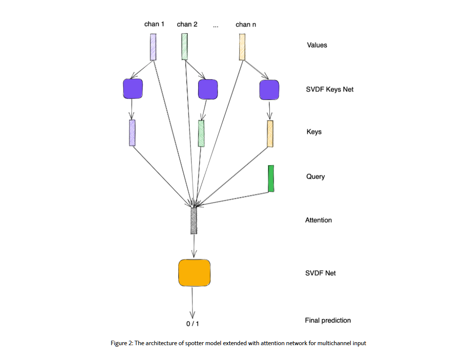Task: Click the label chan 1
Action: click(154, 24)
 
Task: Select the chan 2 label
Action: click(187, 24)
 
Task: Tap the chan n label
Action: click(246, 24)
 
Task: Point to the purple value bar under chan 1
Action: click(153, 47)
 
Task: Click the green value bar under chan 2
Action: click(184, 47)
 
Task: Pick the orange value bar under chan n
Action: click(242, 47)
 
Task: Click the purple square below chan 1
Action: click(132, 89)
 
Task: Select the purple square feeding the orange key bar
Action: click(269, 90)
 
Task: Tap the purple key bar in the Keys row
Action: click(132, 133)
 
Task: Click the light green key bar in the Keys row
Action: click(201, 134)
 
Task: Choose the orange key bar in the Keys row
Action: click(270, 134)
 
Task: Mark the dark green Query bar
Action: click(271, 179)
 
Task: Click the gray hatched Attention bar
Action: click(194, 221)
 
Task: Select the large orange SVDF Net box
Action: click(194, 272)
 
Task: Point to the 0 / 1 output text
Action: click(192, 324)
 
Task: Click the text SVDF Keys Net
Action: click(329, 90)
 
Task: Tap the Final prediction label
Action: click(327, 320)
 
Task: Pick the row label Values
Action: click(316, 45)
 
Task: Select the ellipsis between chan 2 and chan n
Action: click(215, 26)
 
